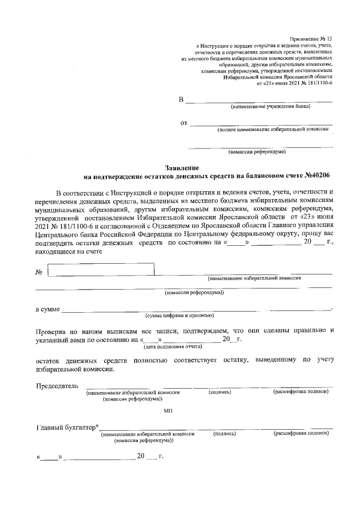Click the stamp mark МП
[x=168, y=412]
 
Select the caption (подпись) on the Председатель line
[x=220, y=391]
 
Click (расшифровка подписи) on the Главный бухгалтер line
[x=301, y=434]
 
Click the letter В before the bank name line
[x=181, y=100]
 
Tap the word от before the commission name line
[x=183, y=123]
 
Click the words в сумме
[x=48, y=309]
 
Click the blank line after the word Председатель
[x=138, y=386]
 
